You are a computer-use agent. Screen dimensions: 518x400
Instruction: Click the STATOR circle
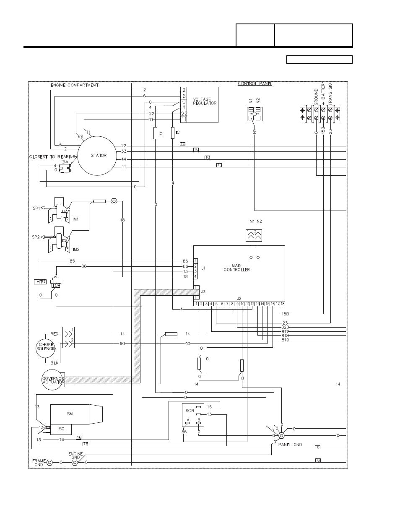[x=99, y=156]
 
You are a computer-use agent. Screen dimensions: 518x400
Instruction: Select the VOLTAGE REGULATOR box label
[x=205, y=102]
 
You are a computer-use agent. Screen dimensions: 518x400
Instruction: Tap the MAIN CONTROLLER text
[x=241, y=268]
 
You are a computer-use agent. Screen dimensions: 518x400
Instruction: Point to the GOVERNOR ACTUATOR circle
[x=53, y=380]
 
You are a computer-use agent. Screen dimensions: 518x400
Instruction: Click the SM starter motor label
[x=70, y=414]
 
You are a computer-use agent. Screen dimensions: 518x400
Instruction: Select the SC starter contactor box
[x=61, y=429]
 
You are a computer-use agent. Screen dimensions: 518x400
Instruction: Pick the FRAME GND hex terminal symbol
[x=49, y=462]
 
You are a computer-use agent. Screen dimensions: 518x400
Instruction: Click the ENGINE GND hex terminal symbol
[x=75, y=462]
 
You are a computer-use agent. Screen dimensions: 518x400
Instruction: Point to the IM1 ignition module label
[x=76, y=219]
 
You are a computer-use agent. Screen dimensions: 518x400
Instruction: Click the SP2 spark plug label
[x=36, y=237]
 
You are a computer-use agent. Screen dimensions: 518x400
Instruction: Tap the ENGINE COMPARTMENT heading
[x=75, y=85]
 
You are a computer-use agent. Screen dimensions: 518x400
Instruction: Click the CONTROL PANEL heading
[x=255, y=83]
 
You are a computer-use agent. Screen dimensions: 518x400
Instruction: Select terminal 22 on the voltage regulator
[x=184, y=114]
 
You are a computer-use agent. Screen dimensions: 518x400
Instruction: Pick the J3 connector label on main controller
[x=203, y=291]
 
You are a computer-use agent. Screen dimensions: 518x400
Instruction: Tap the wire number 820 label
[x=285, y=327]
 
